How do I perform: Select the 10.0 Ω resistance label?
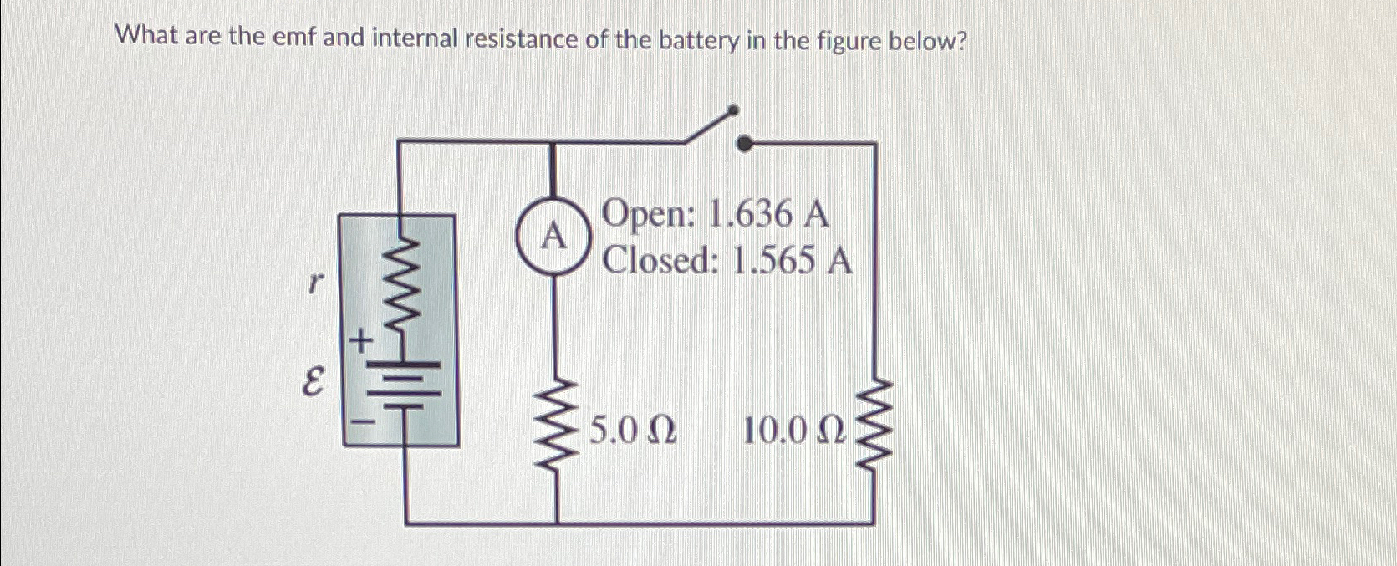pos(794,432)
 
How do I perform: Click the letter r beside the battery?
pos(313,284)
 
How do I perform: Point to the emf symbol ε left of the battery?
pos(312,386)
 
